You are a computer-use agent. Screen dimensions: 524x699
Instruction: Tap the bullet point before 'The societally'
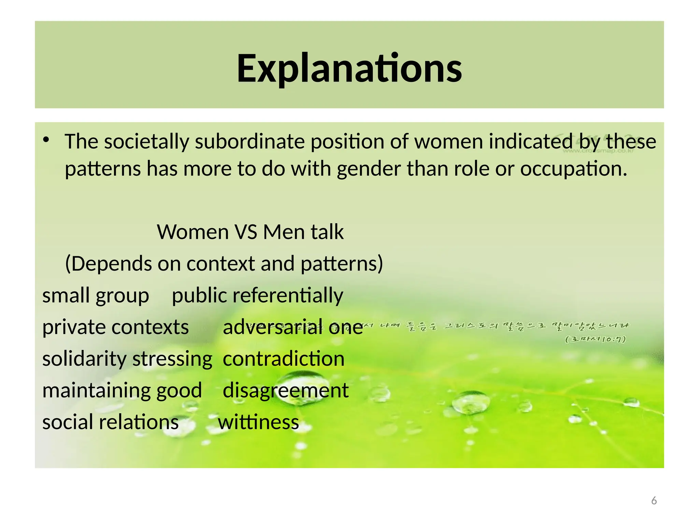pos(46,140)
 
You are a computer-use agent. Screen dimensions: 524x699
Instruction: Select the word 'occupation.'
pos(573,169)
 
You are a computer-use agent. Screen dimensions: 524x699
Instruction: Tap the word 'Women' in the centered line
pos(193,232)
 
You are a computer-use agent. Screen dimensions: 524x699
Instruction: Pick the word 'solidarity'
pos(84,359)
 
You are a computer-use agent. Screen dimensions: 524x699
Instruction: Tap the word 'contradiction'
pos(283,359)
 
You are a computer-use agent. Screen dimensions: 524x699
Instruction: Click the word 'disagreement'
pos(286,391)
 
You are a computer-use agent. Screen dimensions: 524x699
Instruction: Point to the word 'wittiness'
pos(258,422)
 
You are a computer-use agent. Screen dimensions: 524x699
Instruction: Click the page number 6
pos(654,501)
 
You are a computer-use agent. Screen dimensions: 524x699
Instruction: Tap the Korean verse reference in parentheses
pos(595,339)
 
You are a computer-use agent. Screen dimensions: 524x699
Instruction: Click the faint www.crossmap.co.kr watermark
pos(598,150)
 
